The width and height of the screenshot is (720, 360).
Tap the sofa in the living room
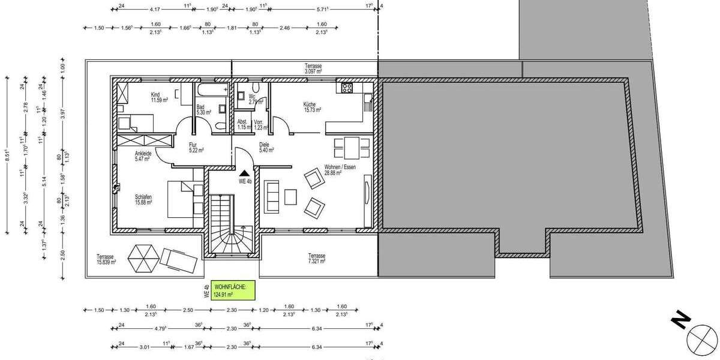pos(272,196)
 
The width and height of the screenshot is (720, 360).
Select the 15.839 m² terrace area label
pos(106,259)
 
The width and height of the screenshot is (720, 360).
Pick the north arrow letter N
pos(680,322)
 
